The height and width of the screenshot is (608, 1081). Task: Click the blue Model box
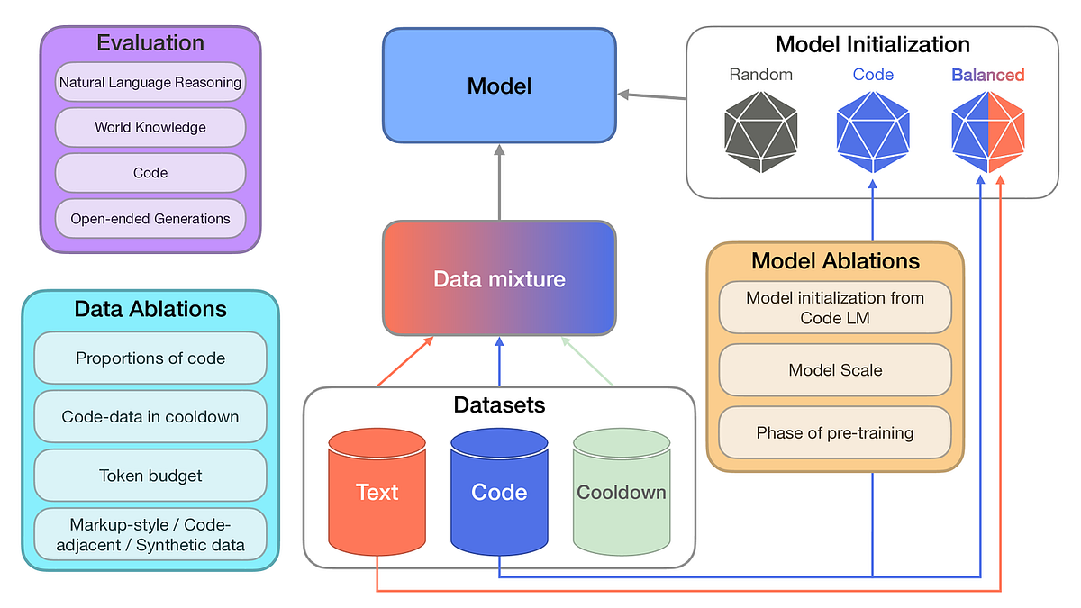click(x=499, y=86)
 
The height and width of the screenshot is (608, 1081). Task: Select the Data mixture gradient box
click(x=499, y=278)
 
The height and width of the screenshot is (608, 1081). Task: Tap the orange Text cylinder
click(x=377, y=492)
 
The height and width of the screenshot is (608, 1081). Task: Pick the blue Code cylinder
click(x=499, y=492)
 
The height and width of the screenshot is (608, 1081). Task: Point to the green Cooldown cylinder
click(x=622, y=492)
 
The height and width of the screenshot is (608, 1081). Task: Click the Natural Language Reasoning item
click(x=150, y=82)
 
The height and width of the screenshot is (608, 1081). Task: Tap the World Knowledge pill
click(x=150, y=127)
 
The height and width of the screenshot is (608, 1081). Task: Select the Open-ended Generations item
click(x=150, y=218)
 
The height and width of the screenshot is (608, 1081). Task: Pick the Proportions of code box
click(x=150, y=358)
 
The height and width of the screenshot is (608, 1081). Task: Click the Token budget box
click(x=150, y=475)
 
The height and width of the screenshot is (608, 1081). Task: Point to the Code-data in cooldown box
click(x=150, y=416)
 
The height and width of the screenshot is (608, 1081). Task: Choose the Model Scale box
click(x=835, y=370)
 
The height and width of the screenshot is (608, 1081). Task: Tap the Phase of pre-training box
click(x=835, y=432)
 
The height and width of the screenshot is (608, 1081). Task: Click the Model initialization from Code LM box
click(x=835, y=307)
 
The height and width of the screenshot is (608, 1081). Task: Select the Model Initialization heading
click(x=872, y=44)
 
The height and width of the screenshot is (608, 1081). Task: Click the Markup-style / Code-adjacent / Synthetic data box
click(x=150, y=534)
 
